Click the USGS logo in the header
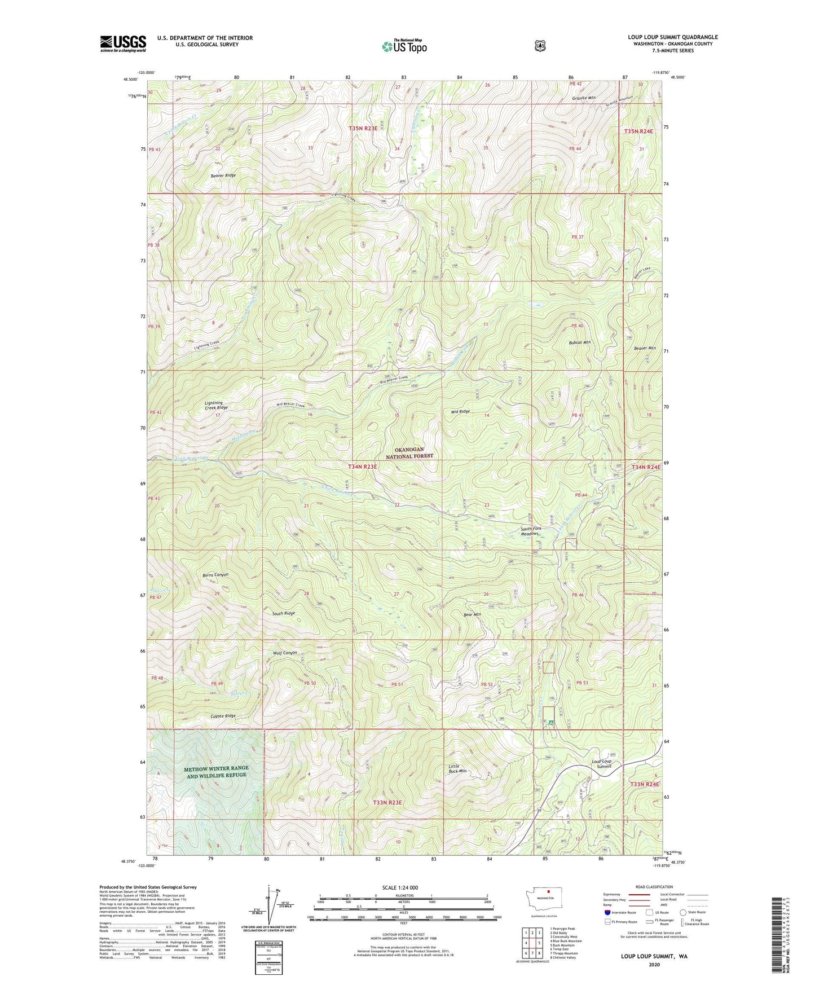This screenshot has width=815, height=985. tap(123, 43)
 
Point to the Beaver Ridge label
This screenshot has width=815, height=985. tap(223, 175)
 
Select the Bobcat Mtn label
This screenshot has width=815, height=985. tap(579, 342)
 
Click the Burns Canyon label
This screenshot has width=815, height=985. tap(215, 575)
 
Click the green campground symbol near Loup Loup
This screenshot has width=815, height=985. tap(550, 722)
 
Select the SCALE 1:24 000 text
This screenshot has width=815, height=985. tap(400, 887)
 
